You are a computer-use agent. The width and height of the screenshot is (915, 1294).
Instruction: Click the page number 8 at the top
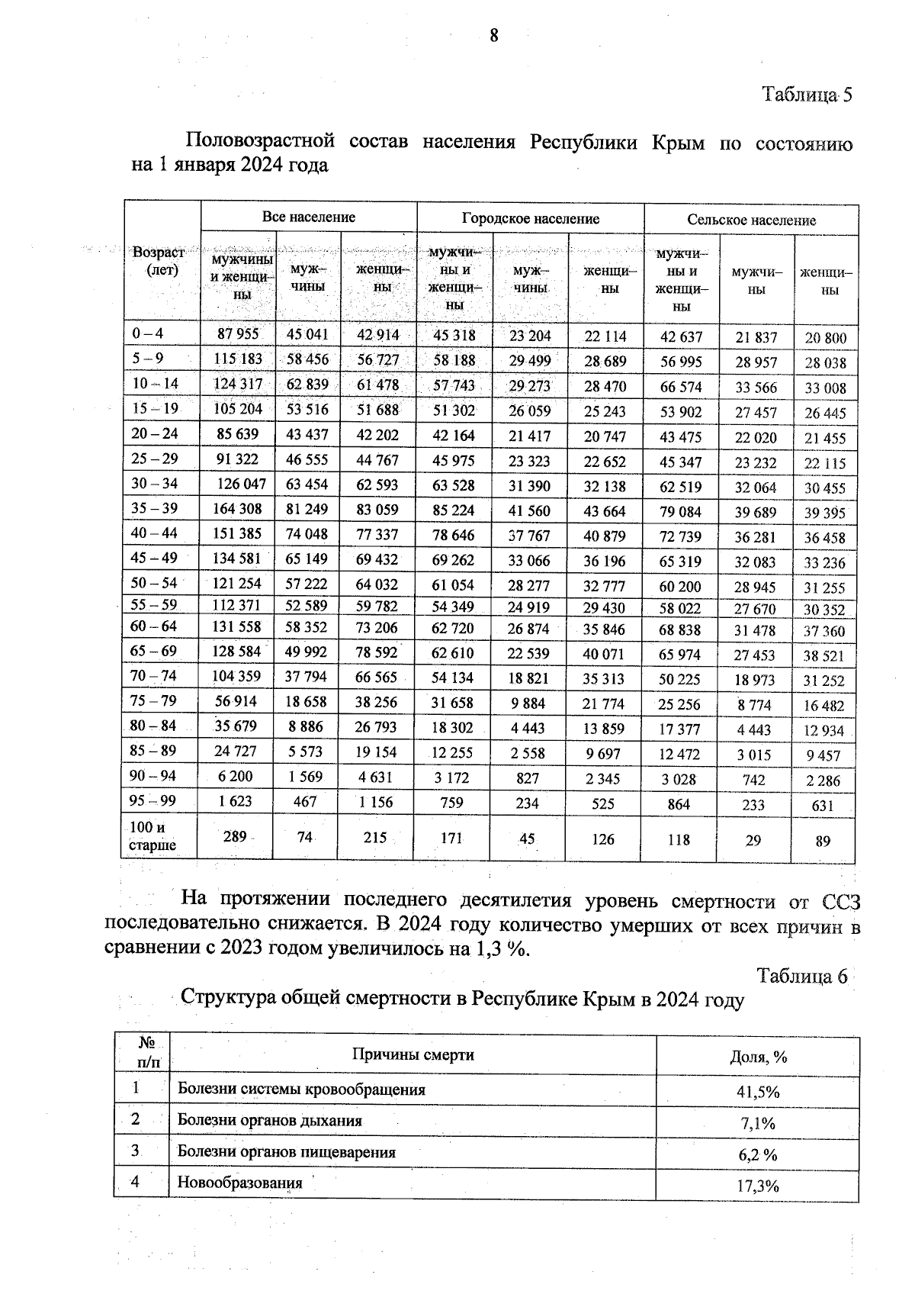point(494,36)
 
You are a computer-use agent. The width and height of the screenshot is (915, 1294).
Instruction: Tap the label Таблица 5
point(806,95)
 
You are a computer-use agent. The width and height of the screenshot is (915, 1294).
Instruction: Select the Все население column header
point(308,217)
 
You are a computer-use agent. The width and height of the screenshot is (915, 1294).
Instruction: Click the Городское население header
point(530,219)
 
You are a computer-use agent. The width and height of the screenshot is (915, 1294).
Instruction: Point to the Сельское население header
point(751,220)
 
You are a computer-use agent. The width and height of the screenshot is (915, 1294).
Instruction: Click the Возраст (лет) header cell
point(159,261)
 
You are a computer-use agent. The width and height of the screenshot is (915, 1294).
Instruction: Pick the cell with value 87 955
point(238,333)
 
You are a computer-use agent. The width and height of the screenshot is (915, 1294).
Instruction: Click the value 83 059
point(377,510)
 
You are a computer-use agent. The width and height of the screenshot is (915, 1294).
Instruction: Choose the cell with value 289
point(235,837)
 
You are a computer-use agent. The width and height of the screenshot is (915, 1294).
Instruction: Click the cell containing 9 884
point(528,703)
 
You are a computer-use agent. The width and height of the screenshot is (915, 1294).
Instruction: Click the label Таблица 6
point(802,977)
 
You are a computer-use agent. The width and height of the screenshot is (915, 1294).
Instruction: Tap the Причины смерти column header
point(413,1055)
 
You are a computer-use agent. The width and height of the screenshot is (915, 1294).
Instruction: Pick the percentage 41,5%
point(757,1092)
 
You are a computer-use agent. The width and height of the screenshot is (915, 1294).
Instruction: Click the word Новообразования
point(239,1183)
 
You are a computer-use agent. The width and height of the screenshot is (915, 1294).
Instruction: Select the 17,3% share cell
point(757,1186)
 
